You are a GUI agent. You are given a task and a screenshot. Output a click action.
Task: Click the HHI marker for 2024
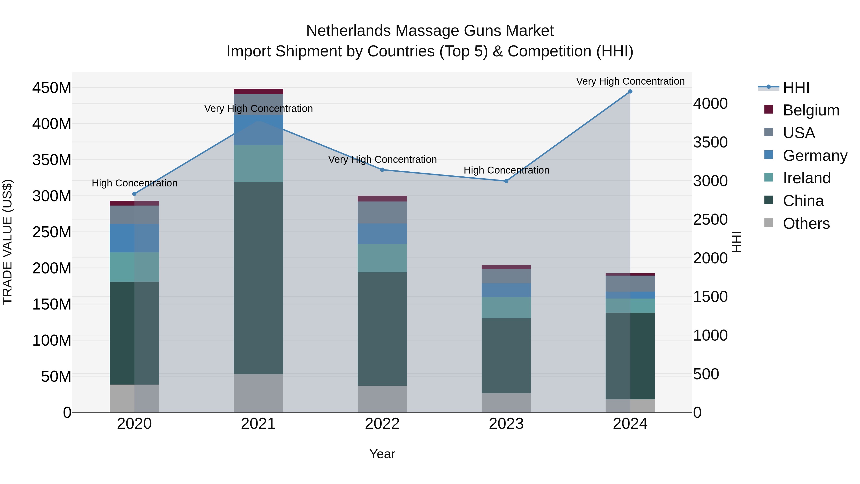tap(630, 92)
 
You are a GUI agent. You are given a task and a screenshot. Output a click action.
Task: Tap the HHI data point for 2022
tap(382, 170)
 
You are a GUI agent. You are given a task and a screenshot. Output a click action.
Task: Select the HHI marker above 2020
tap(134, 194)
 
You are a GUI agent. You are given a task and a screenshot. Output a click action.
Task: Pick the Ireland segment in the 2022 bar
tap(382, 258)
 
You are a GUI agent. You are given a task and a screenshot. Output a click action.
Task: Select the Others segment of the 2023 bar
tap(506, 402)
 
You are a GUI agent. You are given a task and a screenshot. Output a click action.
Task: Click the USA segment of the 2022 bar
tap(382, 212)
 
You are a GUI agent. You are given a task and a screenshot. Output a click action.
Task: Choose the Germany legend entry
tap(815, 156)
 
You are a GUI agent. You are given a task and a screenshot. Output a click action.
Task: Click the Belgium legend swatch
tap(768, 109)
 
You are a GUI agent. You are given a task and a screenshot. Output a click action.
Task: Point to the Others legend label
tap(806, 223)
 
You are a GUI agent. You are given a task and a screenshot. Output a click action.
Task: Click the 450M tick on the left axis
tap(52, 88)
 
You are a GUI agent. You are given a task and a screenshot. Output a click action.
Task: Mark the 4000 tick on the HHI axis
tap(710, 103)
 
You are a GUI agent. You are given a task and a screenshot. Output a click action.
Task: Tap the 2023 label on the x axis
tap(506, 424)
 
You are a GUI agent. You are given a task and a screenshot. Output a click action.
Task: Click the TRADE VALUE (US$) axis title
tap(7, 242)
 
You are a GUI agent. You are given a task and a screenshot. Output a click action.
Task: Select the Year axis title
tap(382, 454)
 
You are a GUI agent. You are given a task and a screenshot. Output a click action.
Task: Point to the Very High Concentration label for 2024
tap(630, 81)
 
